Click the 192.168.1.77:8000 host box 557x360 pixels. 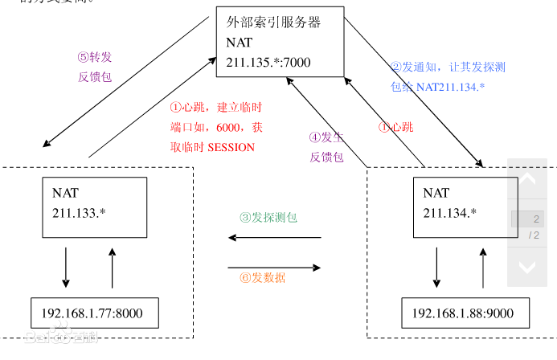click(x=95, y=312)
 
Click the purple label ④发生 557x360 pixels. click(x=326, y=137)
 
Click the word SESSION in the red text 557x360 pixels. click(x=231, y=147)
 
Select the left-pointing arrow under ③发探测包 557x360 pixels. click(x=274, y=237)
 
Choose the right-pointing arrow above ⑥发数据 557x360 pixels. click(x=274, y=266)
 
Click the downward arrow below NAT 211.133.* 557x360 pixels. click(x=66, y=268)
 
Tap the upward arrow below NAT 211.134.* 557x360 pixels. click(x=484, y=268)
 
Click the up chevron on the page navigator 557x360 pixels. click(x=526, y=179)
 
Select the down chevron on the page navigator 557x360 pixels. click(x=526, y=267)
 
